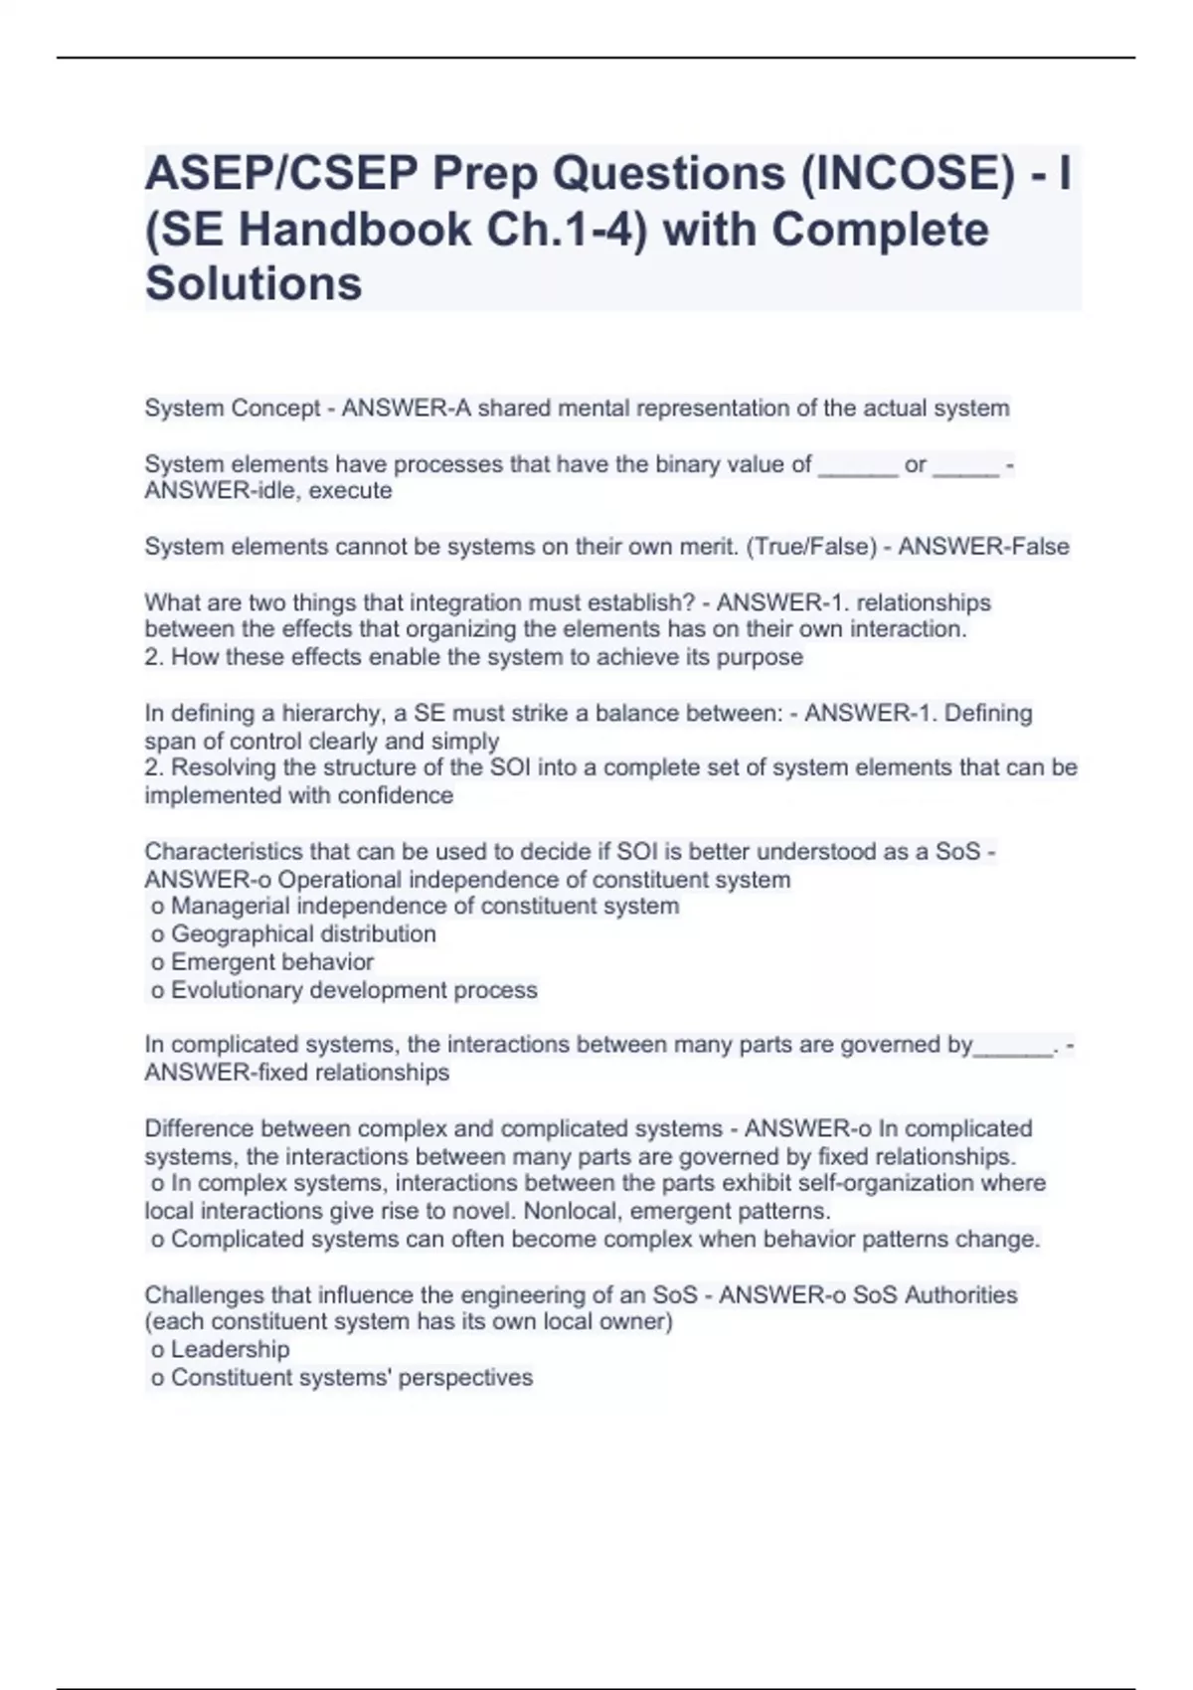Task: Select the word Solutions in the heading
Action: tap(254, 284)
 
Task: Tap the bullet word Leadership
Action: tap(230, 1349)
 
